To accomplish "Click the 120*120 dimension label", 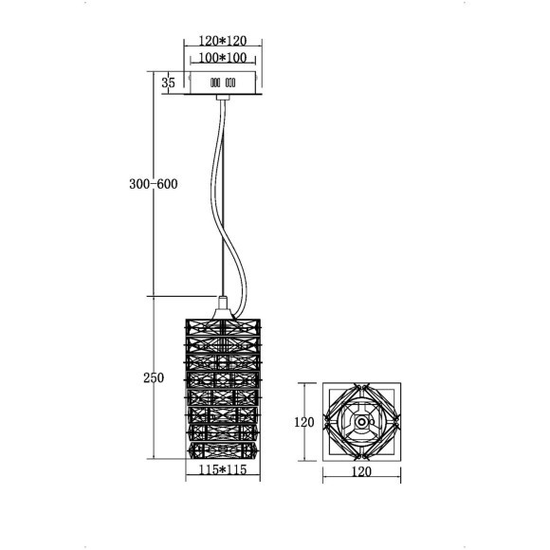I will point(222,43).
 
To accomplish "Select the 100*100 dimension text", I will point(222,59).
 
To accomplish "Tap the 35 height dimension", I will point(169,83).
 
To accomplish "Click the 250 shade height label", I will point(153,378).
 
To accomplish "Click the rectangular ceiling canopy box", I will point(223,82).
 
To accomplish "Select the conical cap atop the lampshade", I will point(222,306).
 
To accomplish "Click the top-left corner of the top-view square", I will point(323,384).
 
